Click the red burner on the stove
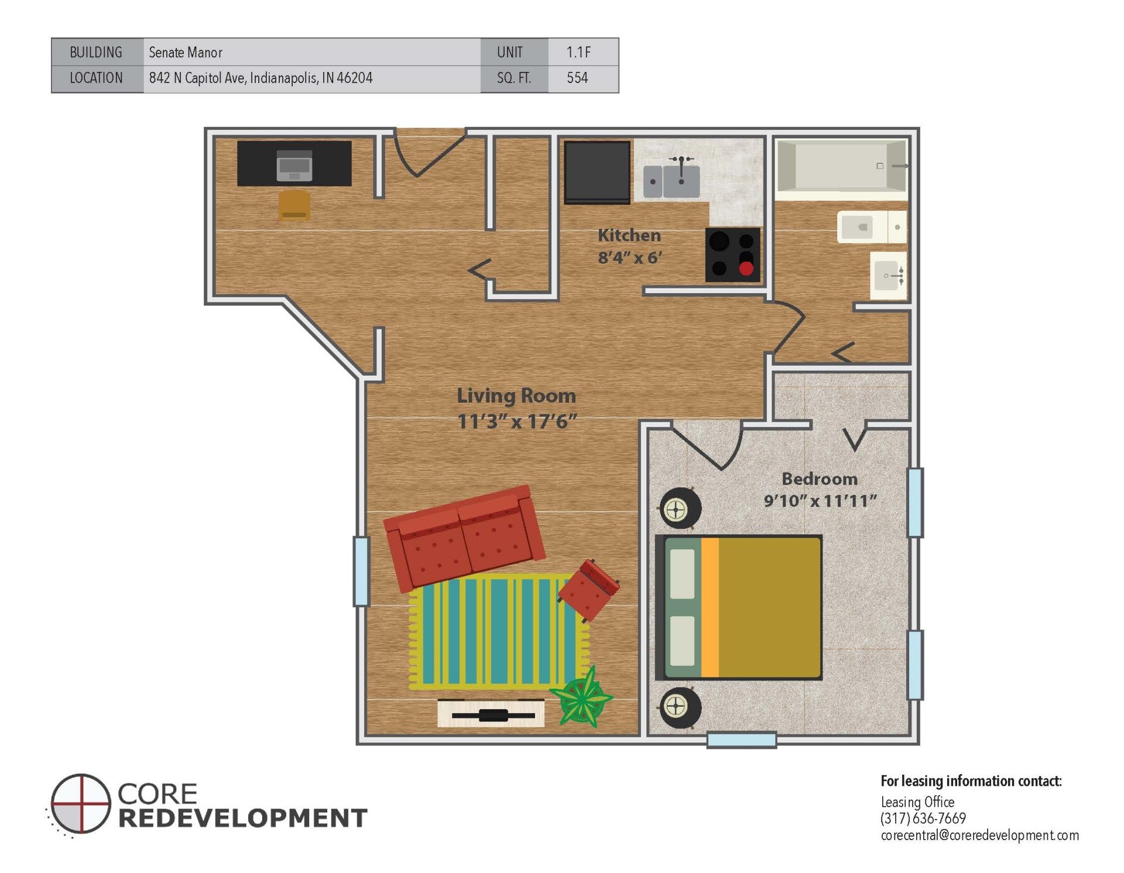coord(745,269)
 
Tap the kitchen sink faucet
coord(681,166)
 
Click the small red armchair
coord(588,589)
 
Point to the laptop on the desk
coord(294,166)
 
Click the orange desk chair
coord(294,205)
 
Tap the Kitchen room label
coord(629,235)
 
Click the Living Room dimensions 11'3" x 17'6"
coord(516,421)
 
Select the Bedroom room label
coord(819,479)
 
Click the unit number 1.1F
coord(578,52)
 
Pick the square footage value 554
coord(577,78)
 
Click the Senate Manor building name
coord(185,52)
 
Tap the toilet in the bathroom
coord(871,227)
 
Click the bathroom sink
coord(887,275)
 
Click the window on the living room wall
coord(361,571)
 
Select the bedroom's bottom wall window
coord(741,740)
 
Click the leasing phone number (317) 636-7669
coord(923,818)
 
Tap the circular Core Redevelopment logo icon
coord(80,803)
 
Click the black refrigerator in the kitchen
coord(597,172)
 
